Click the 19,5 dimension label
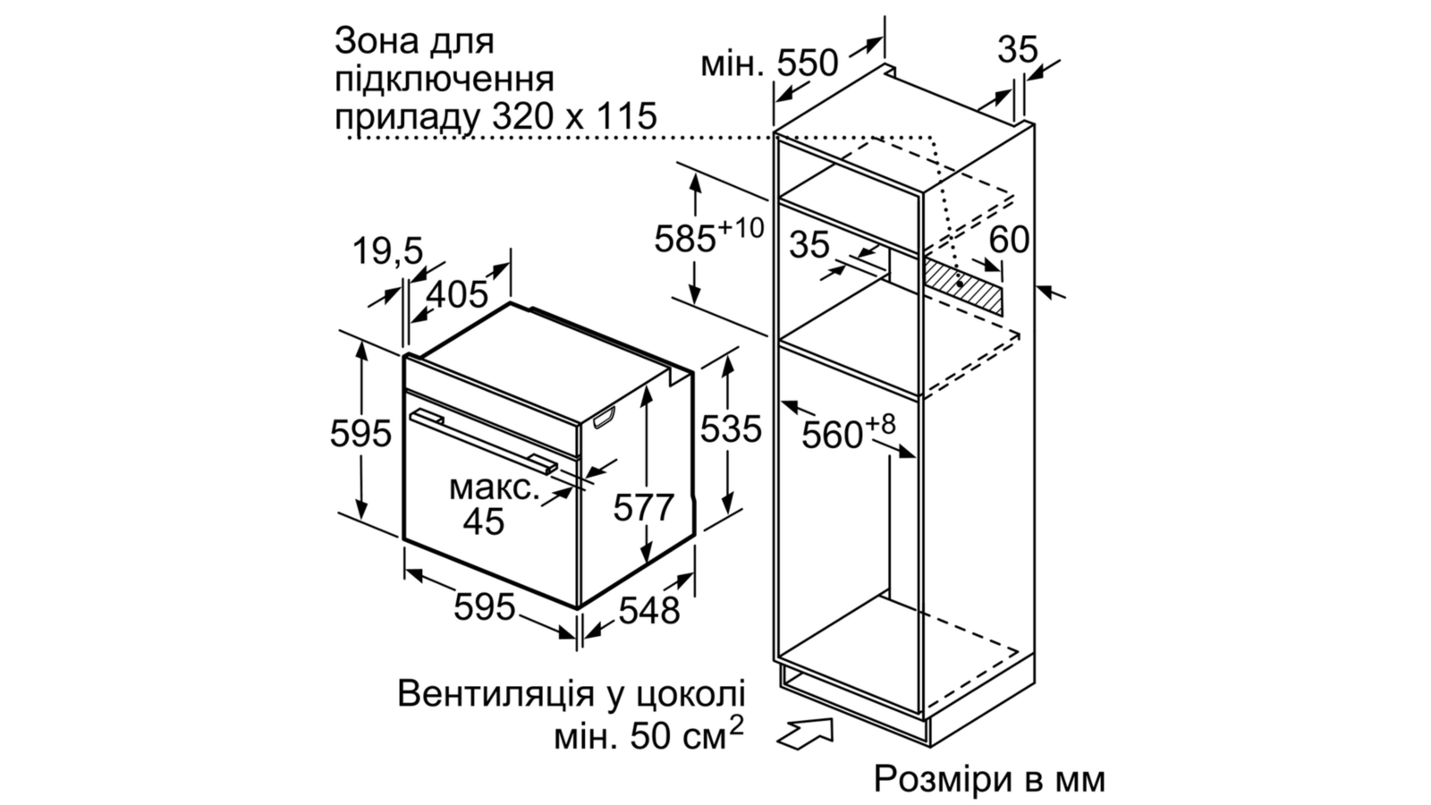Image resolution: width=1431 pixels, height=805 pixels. pyautogui.click(x=388, y=250)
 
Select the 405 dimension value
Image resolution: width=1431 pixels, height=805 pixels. pyautogui.click(x=456, y=294)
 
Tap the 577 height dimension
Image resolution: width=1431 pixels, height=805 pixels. pyautogui.click(x=643, y=508)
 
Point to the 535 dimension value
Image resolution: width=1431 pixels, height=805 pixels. pyautogui.click(x=731, y=428)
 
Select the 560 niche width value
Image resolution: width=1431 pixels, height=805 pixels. pyautogui.click(x=832, y=435)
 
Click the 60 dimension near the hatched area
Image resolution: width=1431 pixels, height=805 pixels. pyautogui.click(x=1009, y=241)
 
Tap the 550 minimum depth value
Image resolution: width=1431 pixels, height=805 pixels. pyautogui.click(x=807, y=64)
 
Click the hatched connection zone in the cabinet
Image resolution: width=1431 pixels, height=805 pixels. pyautogui.click(x=962, y=285)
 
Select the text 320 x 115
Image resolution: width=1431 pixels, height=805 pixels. pyautogui.click(x=575, y=116)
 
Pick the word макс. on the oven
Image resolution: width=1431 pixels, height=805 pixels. pyautogui.click(x=495, y=488)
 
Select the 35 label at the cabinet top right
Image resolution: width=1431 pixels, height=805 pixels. pyautogui.click(x=1018, y=49)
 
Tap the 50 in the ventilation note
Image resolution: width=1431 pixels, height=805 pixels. pyautogui.click(x=651, y=737)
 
